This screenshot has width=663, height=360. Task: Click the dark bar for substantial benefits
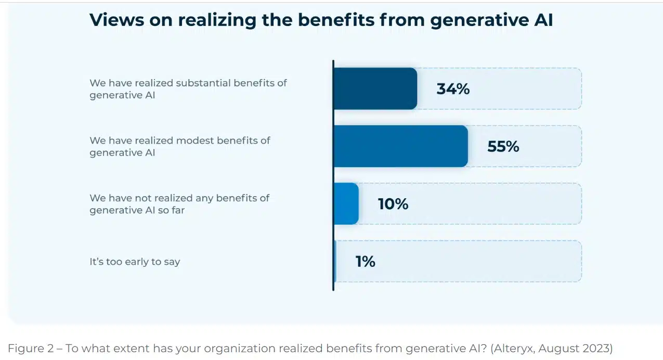tap(375, 88)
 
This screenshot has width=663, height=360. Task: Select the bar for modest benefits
tap(400, 146)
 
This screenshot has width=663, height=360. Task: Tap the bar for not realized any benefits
tap(346, 203)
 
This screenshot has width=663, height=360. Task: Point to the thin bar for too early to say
tap(335, 261)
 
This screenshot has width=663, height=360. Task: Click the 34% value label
tap(453, 89)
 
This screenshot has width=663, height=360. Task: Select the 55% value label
tap(503, 147)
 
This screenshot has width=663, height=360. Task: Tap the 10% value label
tap(393, 204)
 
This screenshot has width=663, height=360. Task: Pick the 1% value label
tap(365, 262)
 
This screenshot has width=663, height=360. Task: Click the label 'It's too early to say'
tap(135, 262)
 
